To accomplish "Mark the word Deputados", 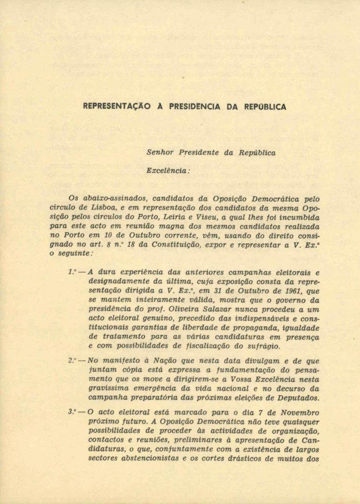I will (x=298, y=398).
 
